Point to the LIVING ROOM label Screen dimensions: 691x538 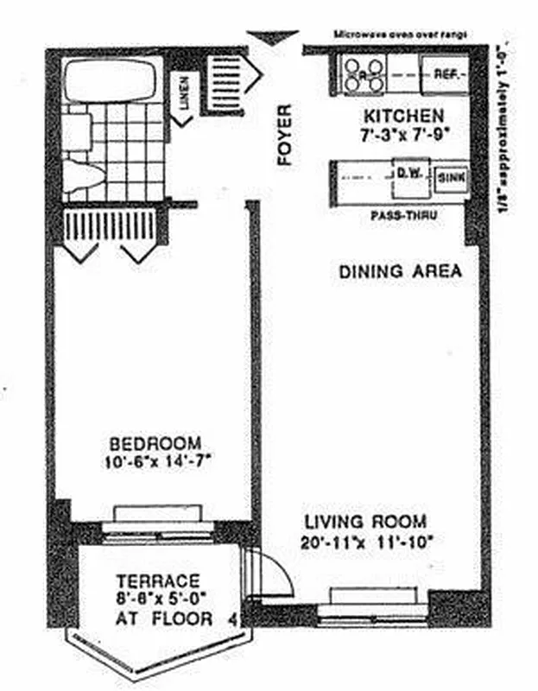(365, 522)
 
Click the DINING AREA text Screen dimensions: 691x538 (399, 271)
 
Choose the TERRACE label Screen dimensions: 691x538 (158, 580)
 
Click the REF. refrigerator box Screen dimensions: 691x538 (445, 75)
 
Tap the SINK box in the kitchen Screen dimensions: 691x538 (452, 179)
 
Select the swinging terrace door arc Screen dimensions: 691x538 (276, 570)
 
